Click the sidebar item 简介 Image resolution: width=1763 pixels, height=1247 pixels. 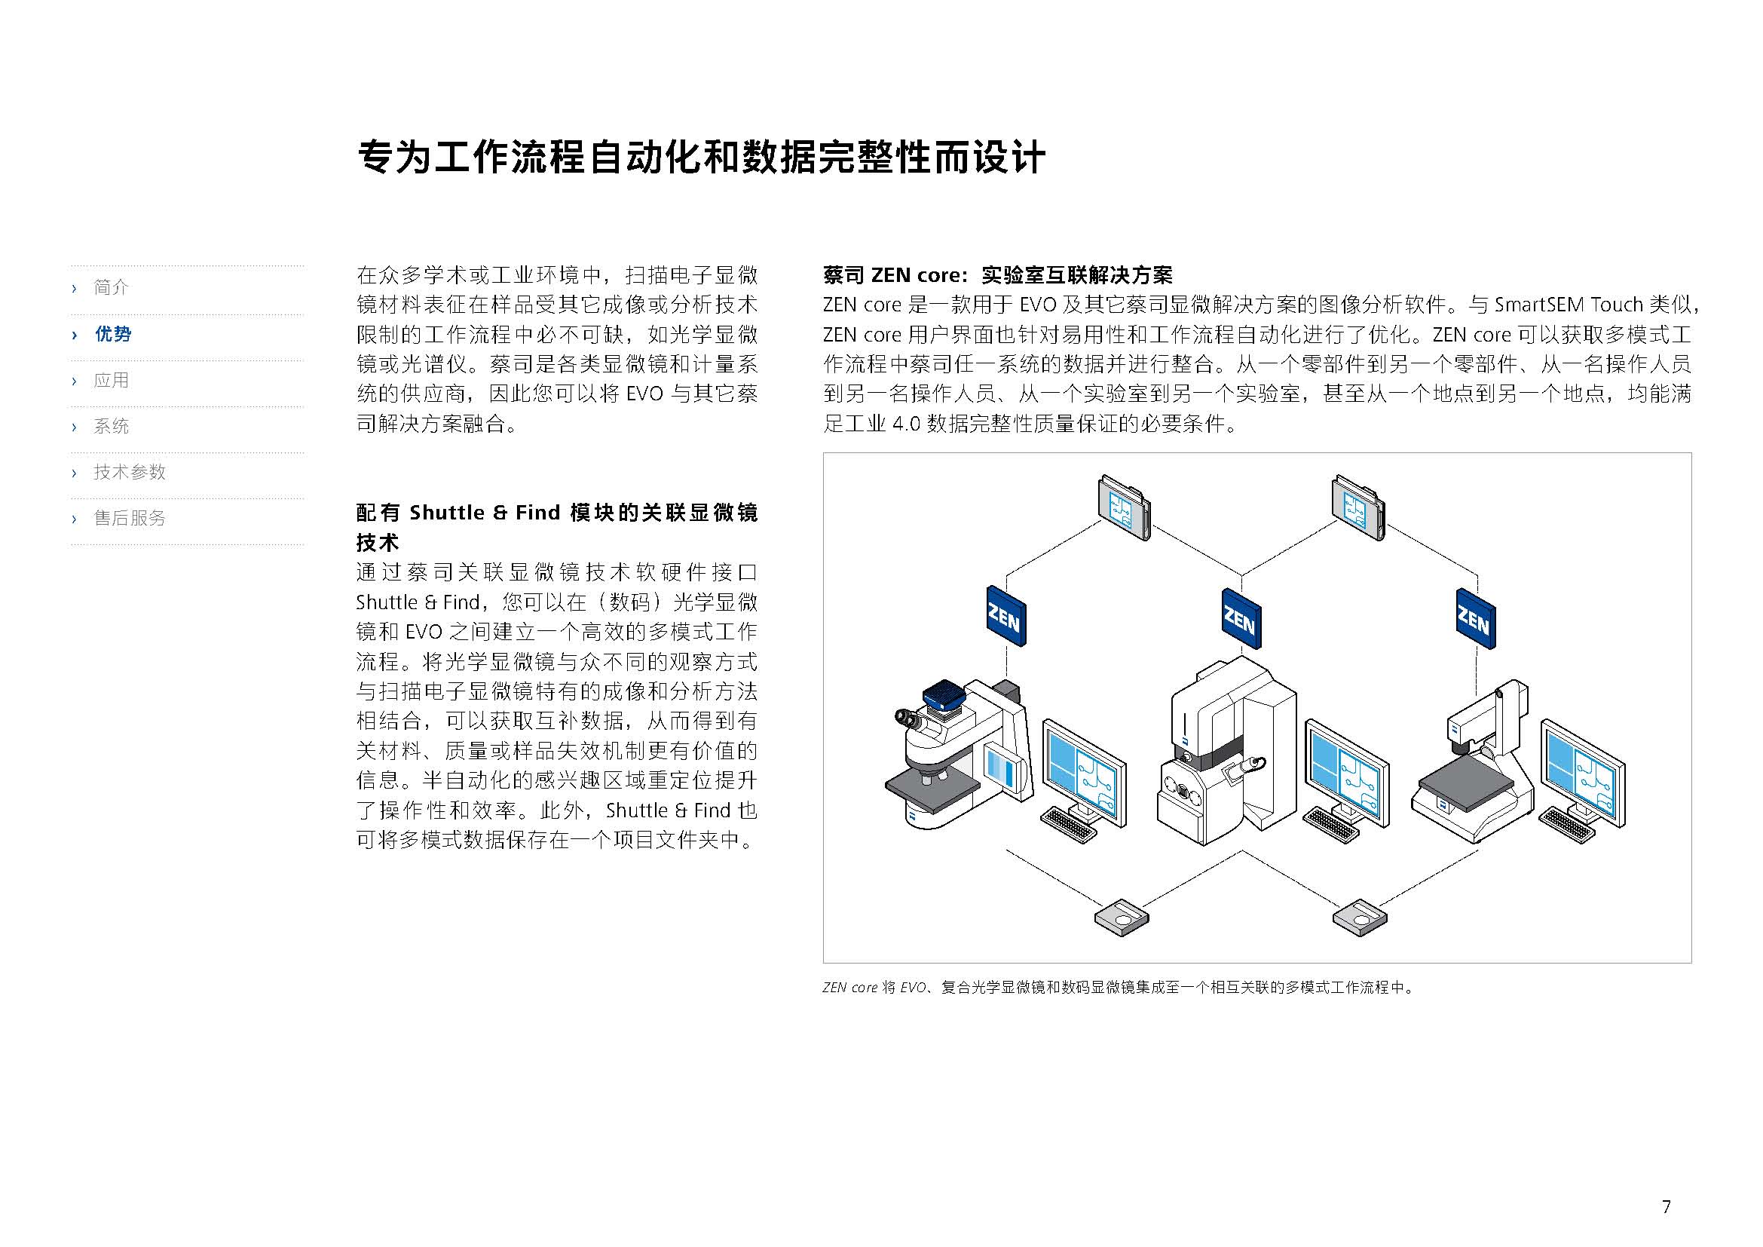click(x=112, y=287)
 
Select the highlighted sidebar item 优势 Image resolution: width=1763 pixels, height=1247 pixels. click(x=113, y=334)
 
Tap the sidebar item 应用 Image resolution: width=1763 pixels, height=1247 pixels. click(x=112, y=380)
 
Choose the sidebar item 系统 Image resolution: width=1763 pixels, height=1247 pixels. click(x=112, y=426)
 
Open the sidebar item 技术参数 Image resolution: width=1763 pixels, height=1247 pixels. click(x=130, y=472)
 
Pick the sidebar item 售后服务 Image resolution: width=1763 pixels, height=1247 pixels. click(x=130, y=518)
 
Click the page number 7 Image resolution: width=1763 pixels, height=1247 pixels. click(x=1666, y=1206)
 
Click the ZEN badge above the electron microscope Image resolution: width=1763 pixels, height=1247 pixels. click(x=1241, y=619)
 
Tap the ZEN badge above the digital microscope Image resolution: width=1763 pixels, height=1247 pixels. click(x=1476, y=619)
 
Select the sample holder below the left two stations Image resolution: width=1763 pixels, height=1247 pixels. click(x=1122, y=917)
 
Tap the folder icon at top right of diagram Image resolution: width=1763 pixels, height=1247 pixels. click(x=1357, y=507)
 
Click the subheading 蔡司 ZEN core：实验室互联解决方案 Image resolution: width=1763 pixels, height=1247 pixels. click(x=997, y=275)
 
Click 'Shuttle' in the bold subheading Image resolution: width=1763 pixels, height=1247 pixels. click(x=447, y=512)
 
